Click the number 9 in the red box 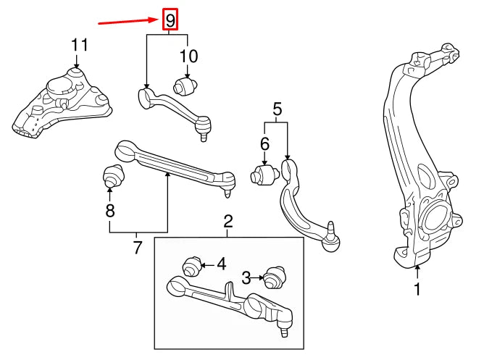169,20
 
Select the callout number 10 188,55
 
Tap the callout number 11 80,45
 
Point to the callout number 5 276,109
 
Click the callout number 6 264,144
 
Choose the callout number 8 109,211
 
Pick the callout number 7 137,248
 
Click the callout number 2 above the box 228,220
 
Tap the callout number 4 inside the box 222,264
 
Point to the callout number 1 417,290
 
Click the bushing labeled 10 183,88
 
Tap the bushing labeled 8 112,176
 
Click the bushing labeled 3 273,278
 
